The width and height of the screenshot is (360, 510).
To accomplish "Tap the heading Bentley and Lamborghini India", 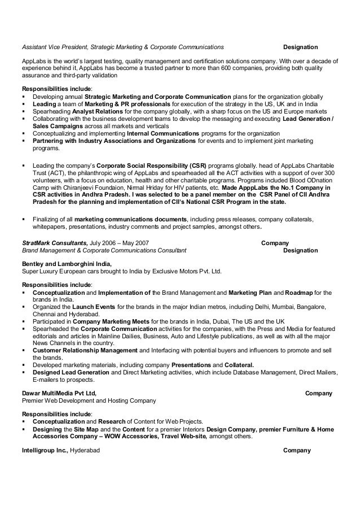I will tap(66, 264).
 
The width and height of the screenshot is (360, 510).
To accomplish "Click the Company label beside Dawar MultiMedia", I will tap(318, 393).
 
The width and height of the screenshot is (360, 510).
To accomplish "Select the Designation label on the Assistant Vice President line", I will tap(300, 46).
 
